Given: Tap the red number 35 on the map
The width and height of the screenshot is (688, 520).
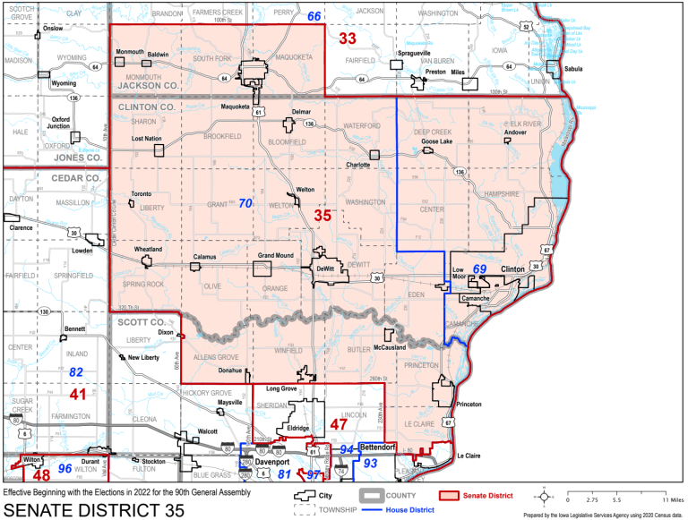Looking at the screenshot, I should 322,216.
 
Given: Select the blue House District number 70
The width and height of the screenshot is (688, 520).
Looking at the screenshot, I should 245,204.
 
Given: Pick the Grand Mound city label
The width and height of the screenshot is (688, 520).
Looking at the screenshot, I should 276,256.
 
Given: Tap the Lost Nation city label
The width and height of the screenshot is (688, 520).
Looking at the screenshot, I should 147,139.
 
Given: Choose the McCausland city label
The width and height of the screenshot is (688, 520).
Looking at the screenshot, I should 390,346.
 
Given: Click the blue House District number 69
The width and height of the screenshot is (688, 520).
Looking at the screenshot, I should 479,269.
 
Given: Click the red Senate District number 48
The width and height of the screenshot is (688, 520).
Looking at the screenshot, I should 41,475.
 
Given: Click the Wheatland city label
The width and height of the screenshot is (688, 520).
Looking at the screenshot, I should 148,248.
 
